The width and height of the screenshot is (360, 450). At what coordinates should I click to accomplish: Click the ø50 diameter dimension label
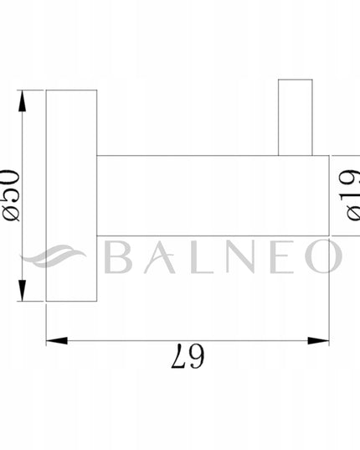click(10, 196)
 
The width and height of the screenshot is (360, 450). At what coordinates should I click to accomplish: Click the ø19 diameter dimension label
click(349, 195)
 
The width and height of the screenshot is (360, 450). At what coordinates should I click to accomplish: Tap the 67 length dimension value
click(188, 356)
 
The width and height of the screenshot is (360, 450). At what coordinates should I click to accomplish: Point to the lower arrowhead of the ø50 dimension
click(22, 291)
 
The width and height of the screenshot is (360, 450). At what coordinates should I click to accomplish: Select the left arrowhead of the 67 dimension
click(57, 341)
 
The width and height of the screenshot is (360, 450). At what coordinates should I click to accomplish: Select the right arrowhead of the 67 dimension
click(318, 341)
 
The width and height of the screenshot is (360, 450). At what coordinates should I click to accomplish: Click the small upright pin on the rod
click(296, 117)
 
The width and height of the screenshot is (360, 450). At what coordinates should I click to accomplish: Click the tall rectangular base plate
click(71, 195)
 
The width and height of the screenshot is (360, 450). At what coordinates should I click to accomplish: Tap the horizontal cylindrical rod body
click(213, 195)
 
